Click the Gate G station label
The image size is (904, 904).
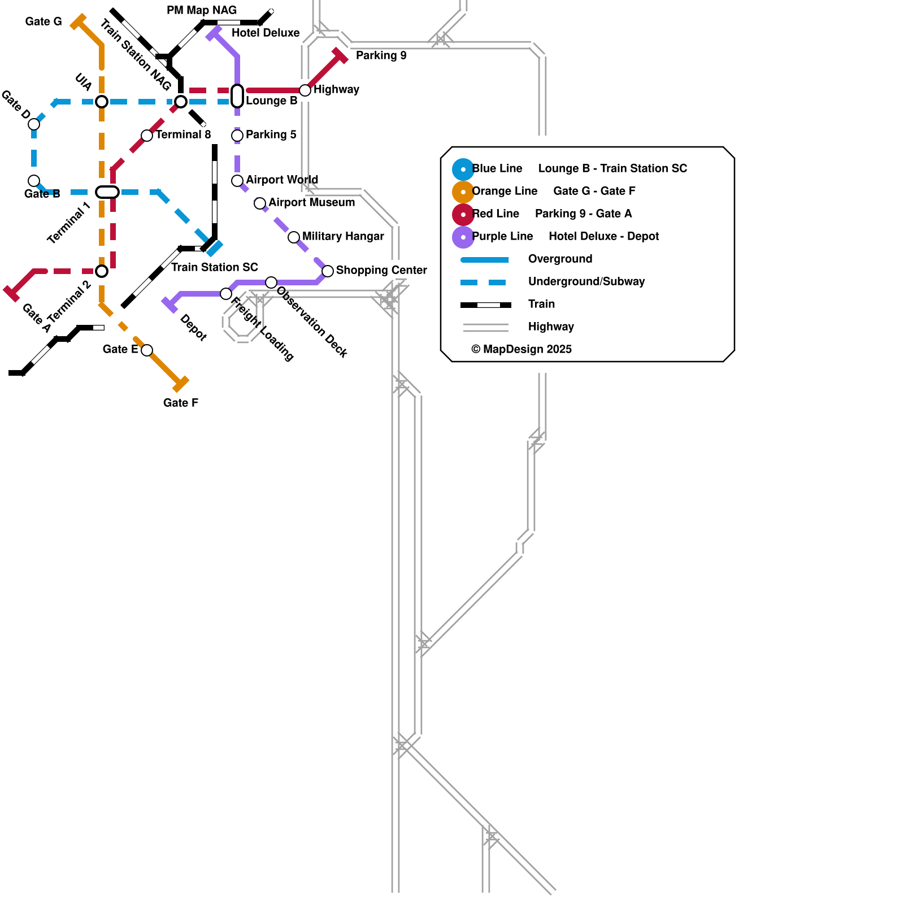click(x=44, y=21)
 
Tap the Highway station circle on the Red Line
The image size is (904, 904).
click(x=305, y=90)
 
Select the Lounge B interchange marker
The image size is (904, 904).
click(x=237, y=96)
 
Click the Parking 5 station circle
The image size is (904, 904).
click(x=237, y=136)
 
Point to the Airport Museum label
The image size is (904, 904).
click(x=311, y=202)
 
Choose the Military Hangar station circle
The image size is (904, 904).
click(x=294, y=237)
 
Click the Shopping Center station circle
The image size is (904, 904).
click(x=328, y=271)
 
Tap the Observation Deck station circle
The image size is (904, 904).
click(x=271, y=282)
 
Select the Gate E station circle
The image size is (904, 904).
click(x=147, y=350)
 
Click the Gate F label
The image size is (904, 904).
click(x=180, y=403)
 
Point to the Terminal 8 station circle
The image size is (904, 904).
click(x=147, y=136)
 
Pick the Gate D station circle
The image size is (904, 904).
click(x=34, y=124)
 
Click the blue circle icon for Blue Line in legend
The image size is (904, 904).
click(x=463, y=169)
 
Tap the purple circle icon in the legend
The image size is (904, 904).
click(x=463, y=237)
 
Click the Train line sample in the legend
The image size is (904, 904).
click(x=486, y=305)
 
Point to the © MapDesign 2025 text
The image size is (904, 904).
click(x=521, y=349)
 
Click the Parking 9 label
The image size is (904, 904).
click(x=381, y=55)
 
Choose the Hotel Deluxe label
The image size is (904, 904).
click(x=266, y=33)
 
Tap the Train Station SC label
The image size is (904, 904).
click(x=215, y=267)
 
